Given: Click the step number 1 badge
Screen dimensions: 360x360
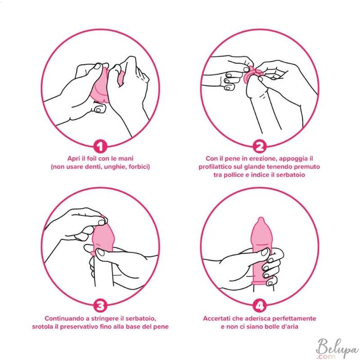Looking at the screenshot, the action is [100, 147].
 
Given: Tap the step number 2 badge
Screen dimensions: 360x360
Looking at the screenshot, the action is [259, 147].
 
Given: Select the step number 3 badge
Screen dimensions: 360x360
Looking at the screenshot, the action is [100, 306].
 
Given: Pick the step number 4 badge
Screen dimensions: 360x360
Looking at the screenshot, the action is [259, 306].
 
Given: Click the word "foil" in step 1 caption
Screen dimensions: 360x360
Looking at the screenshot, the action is [92, 158].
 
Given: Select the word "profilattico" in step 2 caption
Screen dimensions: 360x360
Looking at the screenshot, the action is [214, 167].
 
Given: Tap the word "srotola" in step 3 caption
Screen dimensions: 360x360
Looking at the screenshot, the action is [43, 327].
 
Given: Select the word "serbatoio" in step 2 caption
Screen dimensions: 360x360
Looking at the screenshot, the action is [291, 175].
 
